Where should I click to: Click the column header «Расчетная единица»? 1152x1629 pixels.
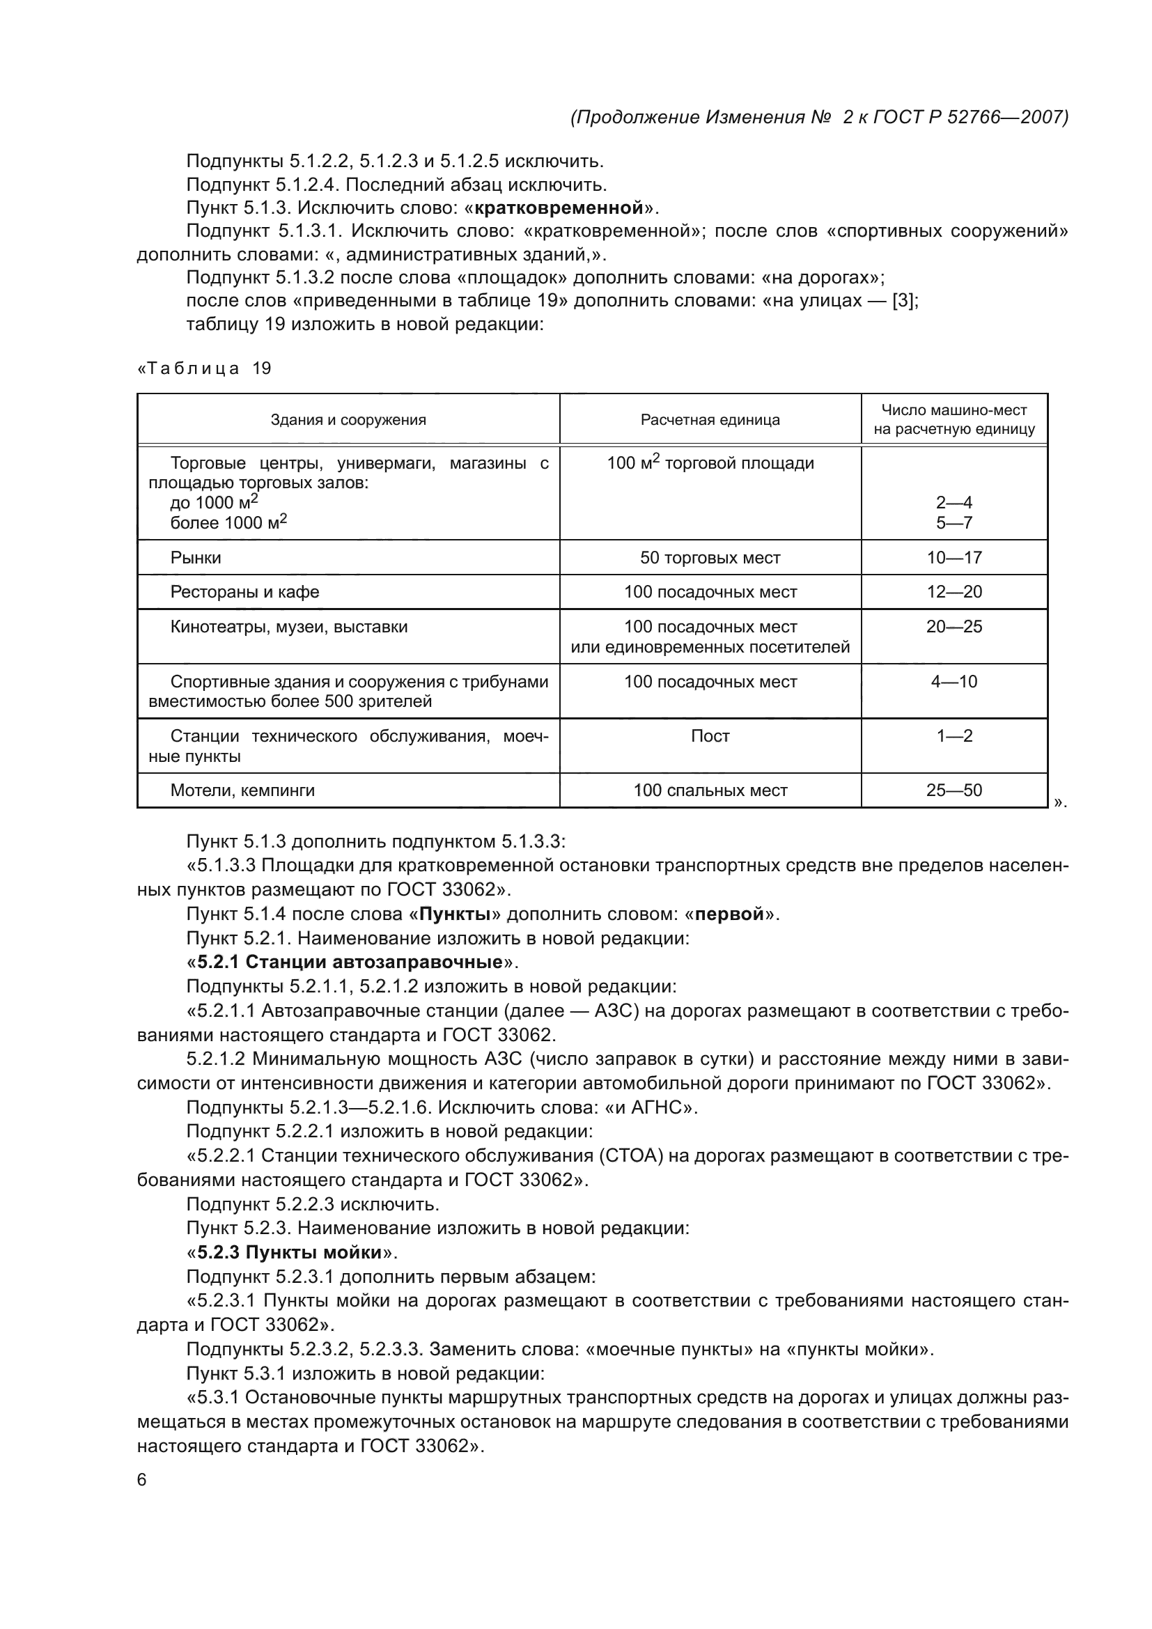pos(710,419)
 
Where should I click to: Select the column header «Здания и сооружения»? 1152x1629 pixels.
pos(348,419)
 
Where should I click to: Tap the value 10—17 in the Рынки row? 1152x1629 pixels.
pos(954,558)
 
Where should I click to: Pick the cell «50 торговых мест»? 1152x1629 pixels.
pos(710,558)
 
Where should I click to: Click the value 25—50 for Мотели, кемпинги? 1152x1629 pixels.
pos(954,790)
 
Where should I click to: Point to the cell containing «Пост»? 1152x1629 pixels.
pos(710,735)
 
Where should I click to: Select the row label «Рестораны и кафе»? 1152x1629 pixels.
pos(244,592)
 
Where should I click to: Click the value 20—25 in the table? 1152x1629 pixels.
pos(954,627)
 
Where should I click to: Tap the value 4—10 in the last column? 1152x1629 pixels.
pos(954,681)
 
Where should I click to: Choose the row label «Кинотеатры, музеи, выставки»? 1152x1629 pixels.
pos(289,627)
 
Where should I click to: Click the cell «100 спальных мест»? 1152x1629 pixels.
pos(710,790)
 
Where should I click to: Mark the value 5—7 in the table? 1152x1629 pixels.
pos(954,523)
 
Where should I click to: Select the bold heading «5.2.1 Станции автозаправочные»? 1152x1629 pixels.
pos(350,962)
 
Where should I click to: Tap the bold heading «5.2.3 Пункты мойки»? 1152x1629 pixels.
pos(290,1251)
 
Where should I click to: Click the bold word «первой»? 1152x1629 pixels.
pos(730,914)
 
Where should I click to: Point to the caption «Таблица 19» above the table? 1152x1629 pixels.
pos(204,369)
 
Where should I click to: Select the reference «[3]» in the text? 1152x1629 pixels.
pos(904,301)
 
